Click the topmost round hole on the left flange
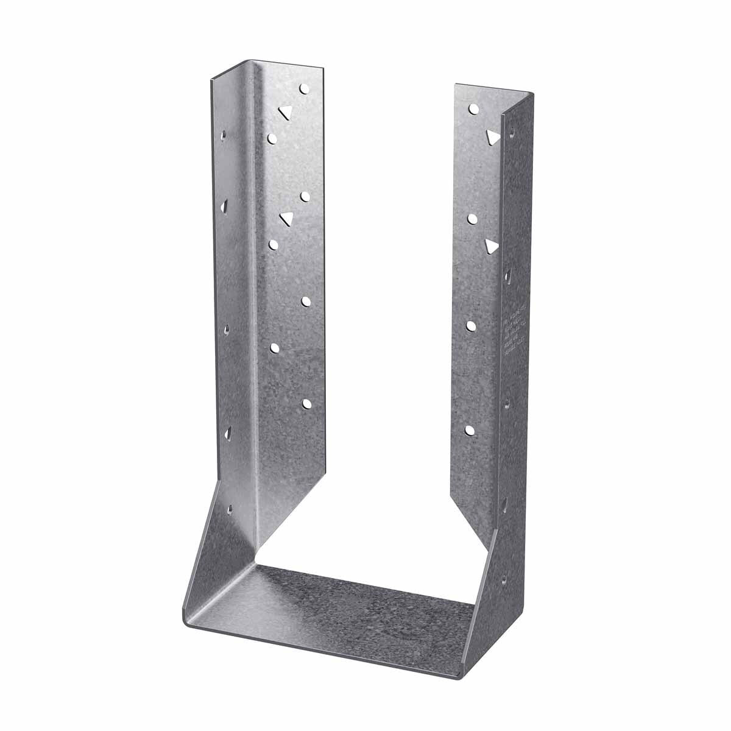304,89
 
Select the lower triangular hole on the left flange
284,217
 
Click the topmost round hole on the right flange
473,109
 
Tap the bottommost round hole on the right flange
470,430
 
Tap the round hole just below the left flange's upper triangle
272,138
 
